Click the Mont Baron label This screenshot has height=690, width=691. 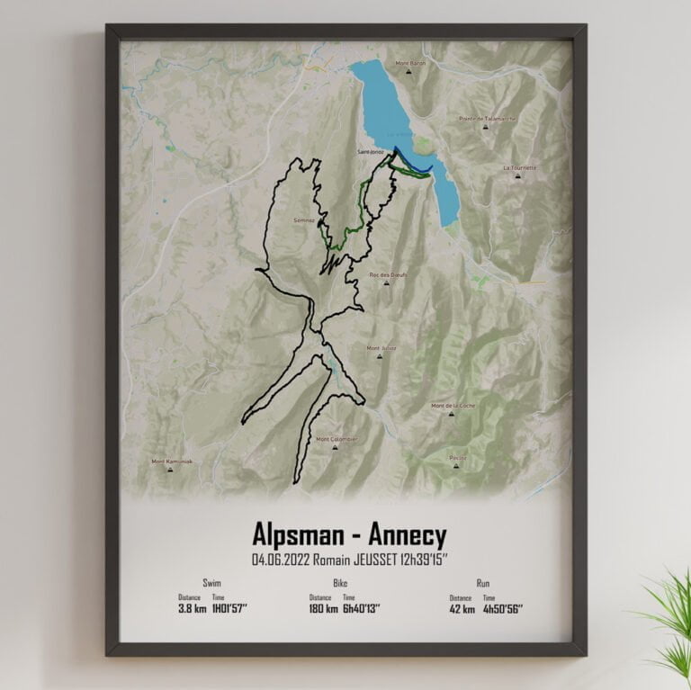coord(409,63)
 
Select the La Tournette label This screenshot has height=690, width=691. coord(520,167)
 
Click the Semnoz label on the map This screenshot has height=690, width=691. coord(303,219)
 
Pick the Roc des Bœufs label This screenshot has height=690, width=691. coord(388,274)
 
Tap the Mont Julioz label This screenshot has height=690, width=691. coord(381,347)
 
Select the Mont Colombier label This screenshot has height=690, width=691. coord(337,439)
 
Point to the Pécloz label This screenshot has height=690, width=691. coord(458,458)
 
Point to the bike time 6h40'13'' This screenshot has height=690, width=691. coord(362,608)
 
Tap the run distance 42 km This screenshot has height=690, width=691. coord(459,608)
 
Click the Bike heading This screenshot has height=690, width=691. coord(340,583)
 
